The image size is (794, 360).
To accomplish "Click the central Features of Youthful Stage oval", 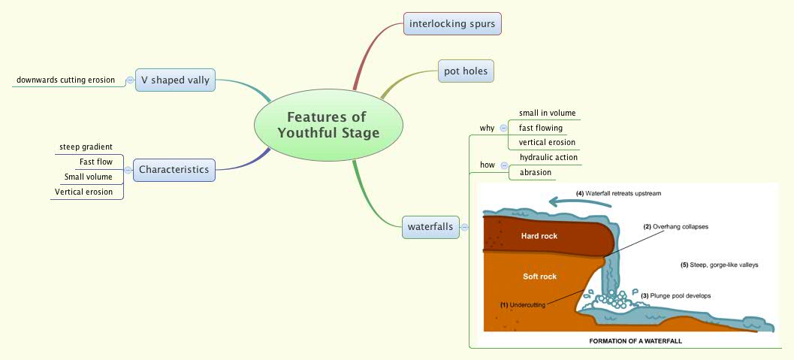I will click(x=328, y=126).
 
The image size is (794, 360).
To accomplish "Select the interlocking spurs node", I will click(x=452, y=24).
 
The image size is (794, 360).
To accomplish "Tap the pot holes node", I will click(x=466, y=71).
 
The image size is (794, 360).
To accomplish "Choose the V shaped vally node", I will click(x=175, y=80).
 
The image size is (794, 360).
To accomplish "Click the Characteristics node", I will click(x=174, y=170).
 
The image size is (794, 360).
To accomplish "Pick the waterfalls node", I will click(x=430, y=226).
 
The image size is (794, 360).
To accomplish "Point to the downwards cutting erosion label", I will click(x=65, y=80).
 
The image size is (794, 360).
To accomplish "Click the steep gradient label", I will click(x=86, y=146).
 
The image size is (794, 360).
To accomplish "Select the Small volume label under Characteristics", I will click(x=88, y=177).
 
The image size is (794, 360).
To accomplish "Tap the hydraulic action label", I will click(x=548, y=157).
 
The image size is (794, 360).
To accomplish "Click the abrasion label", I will click(x=536, y=172).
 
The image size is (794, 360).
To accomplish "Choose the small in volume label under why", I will click(x=547, y=113).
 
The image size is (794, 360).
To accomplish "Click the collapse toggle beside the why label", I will click(x=503, y=128).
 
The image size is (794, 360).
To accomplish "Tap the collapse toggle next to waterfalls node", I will click(x=465, y=226).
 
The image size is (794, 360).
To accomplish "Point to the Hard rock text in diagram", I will click(x=539, y=236).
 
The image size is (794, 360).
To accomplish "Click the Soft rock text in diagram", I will click(x=539, y=277).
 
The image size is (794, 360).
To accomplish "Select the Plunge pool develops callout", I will click(x=675, y=295).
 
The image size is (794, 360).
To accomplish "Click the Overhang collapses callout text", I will click(x=675, y=225).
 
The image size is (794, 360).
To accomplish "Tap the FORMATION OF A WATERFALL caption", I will click(x=634, y=340).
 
